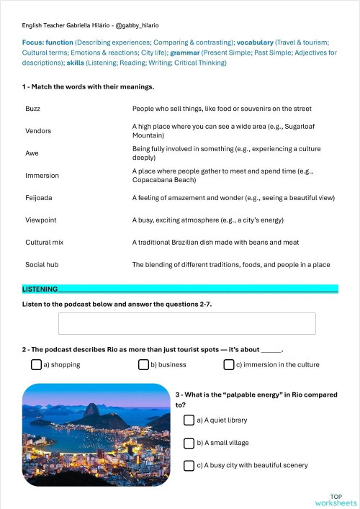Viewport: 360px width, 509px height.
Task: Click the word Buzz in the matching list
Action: coord(32,109)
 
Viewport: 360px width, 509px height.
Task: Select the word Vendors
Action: coord(37,131)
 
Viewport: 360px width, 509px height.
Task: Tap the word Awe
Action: coord(32,153)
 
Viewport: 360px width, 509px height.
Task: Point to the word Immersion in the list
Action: coord(42,176)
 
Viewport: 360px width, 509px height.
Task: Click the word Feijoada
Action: coord(38,197)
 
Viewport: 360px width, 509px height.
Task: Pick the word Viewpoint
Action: coord(40,220)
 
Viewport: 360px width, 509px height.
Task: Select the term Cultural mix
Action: coord(44,243)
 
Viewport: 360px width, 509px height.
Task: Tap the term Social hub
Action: coord(41,265)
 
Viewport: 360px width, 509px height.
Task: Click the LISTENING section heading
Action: coord(40,289)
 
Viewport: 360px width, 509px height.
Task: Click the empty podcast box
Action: coord(186,324)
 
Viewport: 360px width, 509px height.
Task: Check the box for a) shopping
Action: coord(36,365)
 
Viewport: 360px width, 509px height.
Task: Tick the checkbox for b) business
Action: coord(143,365)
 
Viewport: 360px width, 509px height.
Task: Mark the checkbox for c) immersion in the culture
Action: coord(229,365)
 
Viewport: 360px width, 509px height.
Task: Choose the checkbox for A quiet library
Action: coord(189,420)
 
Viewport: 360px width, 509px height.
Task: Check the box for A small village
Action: coord(189,443)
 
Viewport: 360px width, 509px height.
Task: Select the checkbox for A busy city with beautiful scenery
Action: coord(189,466)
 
